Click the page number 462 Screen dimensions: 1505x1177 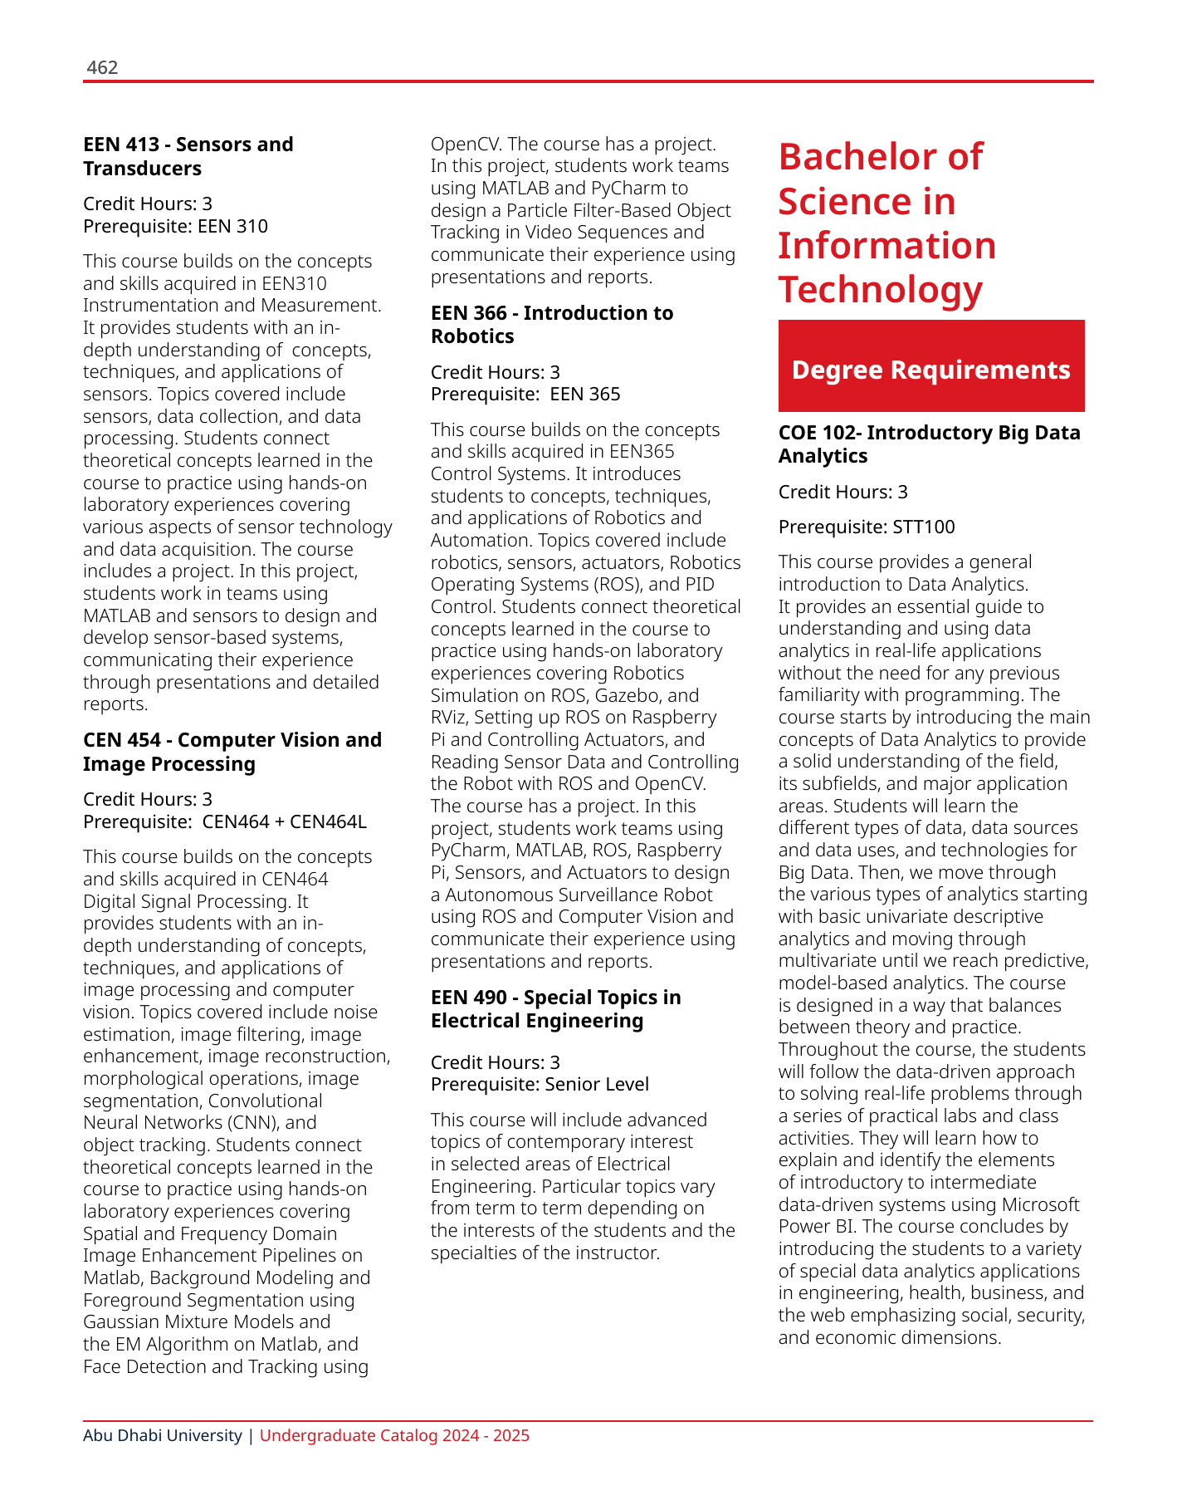click(x=102, y=67)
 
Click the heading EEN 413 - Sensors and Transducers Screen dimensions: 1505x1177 click(x=188, y=156)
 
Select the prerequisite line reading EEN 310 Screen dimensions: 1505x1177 click(x=175, y=226)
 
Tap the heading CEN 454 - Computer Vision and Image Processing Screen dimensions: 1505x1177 click(x=232, y=752)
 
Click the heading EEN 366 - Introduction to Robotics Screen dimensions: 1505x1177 click(x=552, y=325)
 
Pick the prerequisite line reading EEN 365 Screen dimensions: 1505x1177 click(x=525, y=394)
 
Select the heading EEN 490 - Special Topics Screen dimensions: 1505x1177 click(x=555, y=1009)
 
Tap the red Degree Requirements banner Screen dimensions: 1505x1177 click(x=930, y=369)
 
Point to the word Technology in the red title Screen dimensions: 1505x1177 click(x=880, y=289)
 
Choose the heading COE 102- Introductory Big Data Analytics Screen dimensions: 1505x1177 click(x=929, y=444)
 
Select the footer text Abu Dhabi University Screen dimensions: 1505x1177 click(x=163, y=1435)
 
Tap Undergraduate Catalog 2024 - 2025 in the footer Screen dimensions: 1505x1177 click(x=394, y=1435)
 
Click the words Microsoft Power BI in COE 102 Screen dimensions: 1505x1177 click(x=929, y=1215)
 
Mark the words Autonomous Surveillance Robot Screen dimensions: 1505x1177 click(x=579, y=895)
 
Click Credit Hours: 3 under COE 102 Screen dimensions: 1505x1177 click(x=842, y=492)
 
